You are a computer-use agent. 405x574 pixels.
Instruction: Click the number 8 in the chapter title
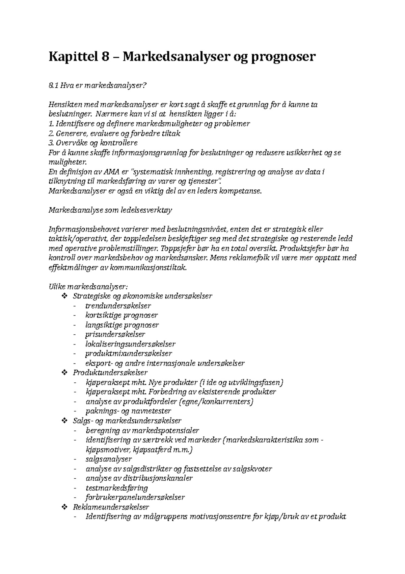pyautogui.click(x=104, y=56)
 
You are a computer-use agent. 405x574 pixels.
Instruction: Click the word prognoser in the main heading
pyautogui.click(x=282, y=57)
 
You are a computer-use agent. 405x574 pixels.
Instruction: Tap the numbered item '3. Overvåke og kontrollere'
pyautogui.click(x=93, y=143)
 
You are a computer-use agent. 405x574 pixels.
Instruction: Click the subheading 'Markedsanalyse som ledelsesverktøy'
pyautogui.click(x=111, y=210)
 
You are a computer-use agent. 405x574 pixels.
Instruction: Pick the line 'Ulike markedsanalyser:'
pyautogui.click(x=88, y=287)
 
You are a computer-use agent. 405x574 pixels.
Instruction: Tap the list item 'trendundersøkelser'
pyautogui.click(x=118, y=306)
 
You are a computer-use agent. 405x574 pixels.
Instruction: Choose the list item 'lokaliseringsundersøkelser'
pyautogui.click(x=130, y=344)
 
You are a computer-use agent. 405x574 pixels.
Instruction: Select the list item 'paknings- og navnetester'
pyautogui.click(x=128, y=411)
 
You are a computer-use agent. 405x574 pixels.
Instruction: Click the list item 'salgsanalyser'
pyautogui.click(x=109, y=459)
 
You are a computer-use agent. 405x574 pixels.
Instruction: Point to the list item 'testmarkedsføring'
pyautogui.click(x=117, y=488)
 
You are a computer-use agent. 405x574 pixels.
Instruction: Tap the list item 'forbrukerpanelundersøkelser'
pyautogui.click(x=135, y=497)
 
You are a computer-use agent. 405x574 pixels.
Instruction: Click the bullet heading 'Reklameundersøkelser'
pyautogui.click(x=111, y=507)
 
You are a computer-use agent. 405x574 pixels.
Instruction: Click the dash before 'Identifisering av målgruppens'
pyautogui.click(x=75, y=517)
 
